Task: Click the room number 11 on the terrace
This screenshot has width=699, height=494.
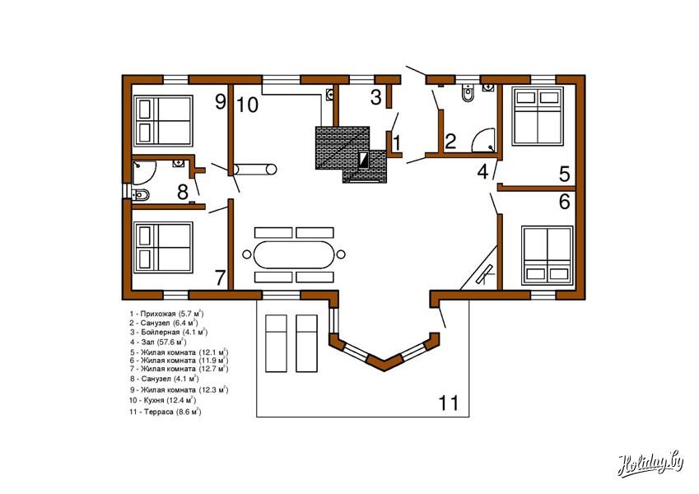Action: point(449,403)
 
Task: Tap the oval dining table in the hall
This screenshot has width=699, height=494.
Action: point(293,254)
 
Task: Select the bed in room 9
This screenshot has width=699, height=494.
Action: point(164,121)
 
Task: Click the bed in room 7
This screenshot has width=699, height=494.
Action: point(164,248)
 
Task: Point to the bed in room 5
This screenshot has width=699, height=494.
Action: point(538,116)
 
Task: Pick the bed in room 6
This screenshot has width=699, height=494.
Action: point(548,255)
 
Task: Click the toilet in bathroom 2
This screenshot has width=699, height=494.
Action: point(468,93)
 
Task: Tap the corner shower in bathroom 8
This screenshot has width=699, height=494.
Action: point(144,173)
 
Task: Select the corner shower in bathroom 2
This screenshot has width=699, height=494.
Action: point(483,140)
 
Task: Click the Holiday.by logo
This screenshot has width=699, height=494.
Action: point(650,464)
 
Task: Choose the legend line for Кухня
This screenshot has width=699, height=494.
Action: point(163,400)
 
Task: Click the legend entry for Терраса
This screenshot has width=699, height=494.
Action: point(165,412)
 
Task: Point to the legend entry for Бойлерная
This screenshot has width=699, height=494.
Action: point(169,332)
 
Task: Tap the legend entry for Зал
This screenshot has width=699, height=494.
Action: point(158,343)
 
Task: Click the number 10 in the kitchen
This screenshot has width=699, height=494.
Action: point(248,105)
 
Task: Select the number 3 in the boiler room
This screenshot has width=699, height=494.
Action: point(375,97)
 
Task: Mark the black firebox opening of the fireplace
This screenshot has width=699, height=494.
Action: point(364,160)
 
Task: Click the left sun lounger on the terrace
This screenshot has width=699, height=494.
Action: point(276,343)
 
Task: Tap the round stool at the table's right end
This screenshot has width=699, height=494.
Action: point(341,254)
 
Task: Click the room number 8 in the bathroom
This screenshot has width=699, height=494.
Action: point(182,193)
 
